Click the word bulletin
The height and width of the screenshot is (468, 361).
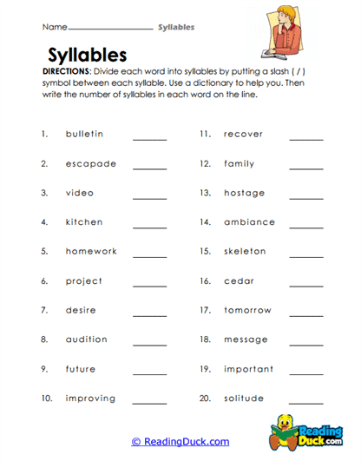pos(84,134)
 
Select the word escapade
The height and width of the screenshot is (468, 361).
pos(88,163)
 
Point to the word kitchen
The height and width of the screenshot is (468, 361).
pos(84,222)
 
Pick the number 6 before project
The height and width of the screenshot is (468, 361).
pos(44,281)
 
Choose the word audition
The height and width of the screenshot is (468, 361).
pos(87,339)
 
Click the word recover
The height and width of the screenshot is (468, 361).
pos(243,134)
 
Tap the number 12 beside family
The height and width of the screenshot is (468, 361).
pos(205,163)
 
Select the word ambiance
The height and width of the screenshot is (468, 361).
pos(249,222)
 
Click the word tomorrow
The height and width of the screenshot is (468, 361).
pos(248,310)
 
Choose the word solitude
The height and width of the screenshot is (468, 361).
pos(245,399)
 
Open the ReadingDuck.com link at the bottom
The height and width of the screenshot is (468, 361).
pos(180,441)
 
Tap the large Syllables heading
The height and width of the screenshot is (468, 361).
pos(87,56)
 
